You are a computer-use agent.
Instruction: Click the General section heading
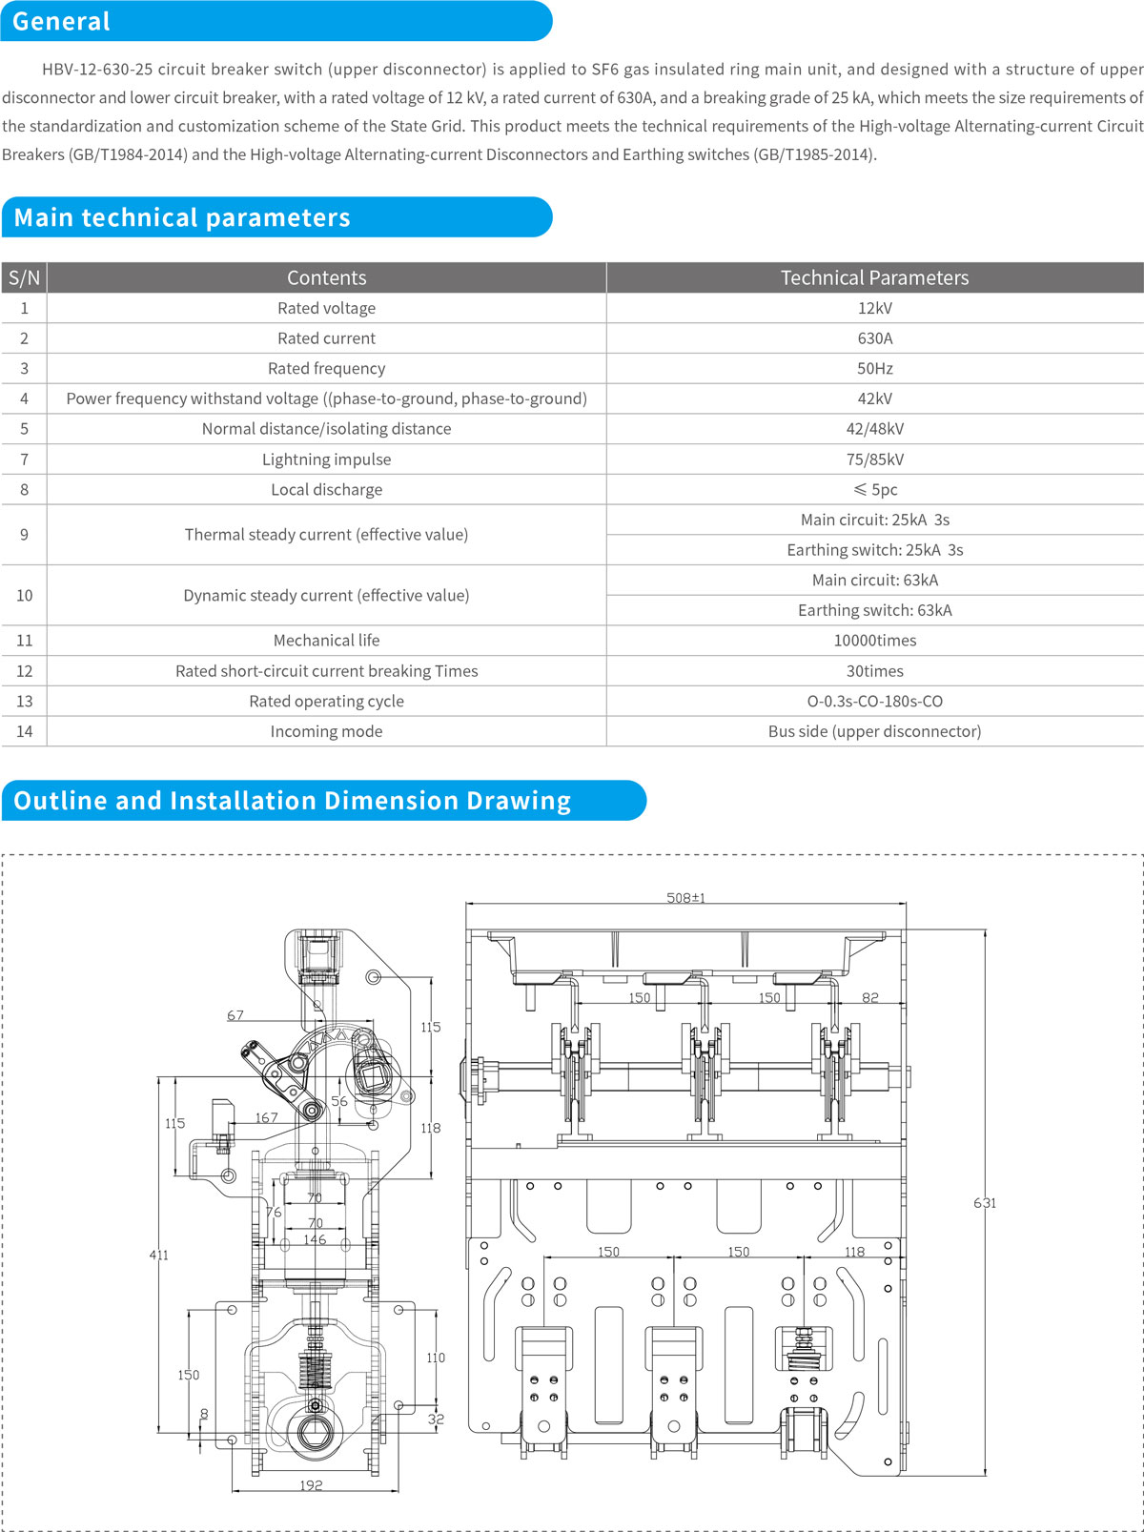pos(62,21)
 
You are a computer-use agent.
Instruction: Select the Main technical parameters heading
pos(182,217)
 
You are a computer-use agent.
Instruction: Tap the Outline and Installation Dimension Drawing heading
pos(292,800)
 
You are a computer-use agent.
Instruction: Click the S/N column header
pos(24,277)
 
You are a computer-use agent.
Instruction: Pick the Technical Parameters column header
pos(874,277)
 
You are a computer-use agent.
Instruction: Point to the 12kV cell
pos(874,308)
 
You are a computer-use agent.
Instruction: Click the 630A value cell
pos(874,338)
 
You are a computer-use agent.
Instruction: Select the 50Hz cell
pos(874,368)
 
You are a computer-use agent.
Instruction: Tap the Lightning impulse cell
pos(326,460)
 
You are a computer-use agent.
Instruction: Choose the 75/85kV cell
pos(874,460)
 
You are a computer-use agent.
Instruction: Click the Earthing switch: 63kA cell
pos(874,610)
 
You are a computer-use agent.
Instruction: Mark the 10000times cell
pos(874,641)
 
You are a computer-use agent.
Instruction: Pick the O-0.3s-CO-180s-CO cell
pos(874,701)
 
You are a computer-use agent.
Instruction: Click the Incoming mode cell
pos(326,731)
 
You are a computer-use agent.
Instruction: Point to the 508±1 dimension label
pos(685,897)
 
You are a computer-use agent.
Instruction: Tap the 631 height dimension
pos(985,1203)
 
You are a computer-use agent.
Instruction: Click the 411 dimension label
pos(158,1255)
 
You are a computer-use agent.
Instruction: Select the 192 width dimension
pos(311,1485)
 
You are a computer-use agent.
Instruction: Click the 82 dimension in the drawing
pos(869,997)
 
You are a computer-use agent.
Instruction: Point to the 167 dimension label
pos(266,1117)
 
